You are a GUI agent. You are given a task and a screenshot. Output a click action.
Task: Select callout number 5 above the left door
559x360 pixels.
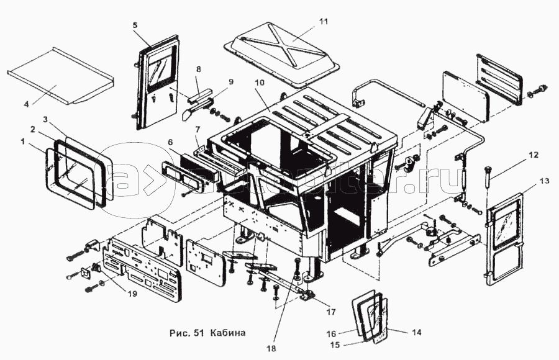(134, 25)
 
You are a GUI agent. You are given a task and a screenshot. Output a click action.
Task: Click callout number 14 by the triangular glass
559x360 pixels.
(416, 332)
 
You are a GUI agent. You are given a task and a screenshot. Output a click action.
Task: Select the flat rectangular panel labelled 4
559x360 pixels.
(62, 78)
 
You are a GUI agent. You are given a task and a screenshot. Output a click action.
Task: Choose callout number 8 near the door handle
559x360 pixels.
(198, 69)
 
